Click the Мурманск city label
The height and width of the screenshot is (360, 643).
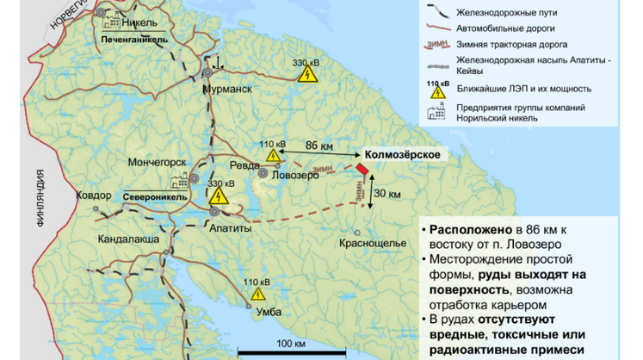[x=226, y=89]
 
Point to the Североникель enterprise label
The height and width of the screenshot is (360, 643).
[x=155, y=196]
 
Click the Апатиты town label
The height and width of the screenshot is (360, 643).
[x=230, y=229]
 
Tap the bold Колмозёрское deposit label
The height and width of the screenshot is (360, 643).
[x=403, y=153]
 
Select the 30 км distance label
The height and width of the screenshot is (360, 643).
[x=389, y=195]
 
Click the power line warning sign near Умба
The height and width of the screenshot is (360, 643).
[x=257, y=294]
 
